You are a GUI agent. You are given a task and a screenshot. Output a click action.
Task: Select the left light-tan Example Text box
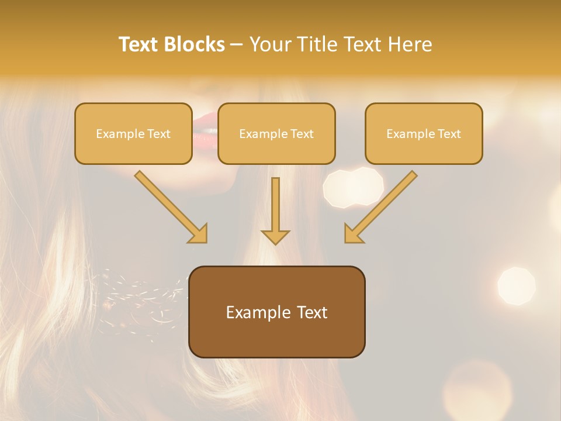coord(133,133)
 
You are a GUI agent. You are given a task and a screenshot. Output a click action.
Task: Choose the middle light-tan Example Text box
coord(276,133)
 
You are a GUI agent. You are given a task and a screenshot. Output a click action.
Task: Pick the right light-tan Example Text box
coord(424,133)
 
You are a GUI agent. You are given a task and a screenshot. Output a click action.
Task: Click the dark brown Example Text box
coord(276,312)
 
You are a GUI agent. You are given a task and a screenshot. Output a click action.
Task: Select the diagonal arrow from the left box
coord(171,206)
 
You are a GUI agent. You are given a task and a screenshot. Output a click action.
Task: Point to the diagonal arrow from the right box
coord(381,206)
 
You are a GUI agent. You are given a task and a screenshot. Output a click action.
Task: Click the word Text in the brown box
coord(313,312)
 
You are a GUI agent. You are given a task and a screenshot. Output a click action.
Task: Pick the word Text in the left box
coord(158,134)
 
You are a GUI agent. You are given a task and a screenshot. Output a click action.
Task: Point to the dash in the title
coord(237,45)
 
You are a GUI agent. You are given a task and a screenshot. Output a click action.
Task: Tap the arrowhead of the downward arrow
coord(275,236)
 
